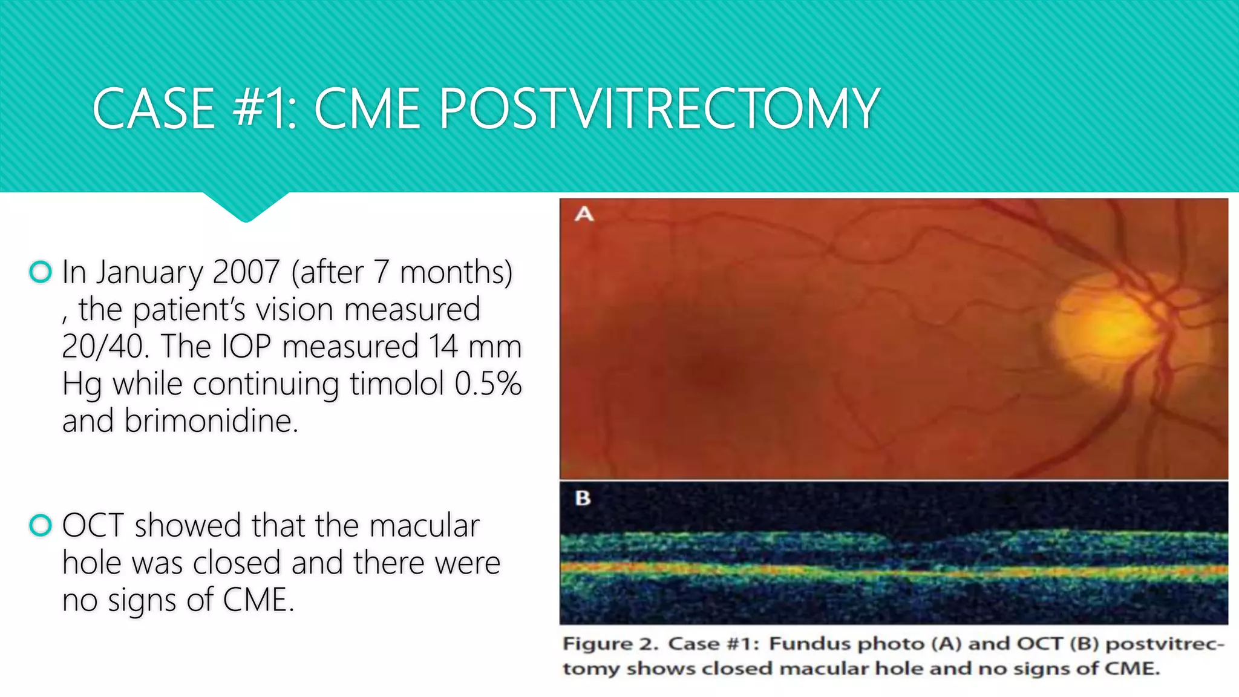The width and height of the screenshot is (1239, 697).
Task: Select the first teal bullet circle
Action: point(41,272)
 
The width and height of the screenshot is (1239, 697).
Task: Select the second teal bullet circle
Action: point(41,525)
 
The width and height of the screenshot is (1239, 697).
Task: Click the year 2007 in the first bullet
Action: point(246,272)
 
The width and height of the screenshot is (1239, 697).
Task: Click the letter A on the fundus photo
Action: point(584,214)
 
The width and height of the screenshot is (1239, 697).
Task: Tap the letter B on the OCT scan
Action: point(583,498)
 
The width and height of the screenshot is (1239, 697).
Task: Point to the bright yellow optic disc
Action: point(1107,330)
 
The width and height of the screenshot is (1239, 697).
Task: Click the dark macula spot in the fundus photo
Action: point(717,369)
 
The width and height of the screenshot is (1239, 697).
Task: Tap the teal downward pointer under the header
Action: point(246,209)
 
